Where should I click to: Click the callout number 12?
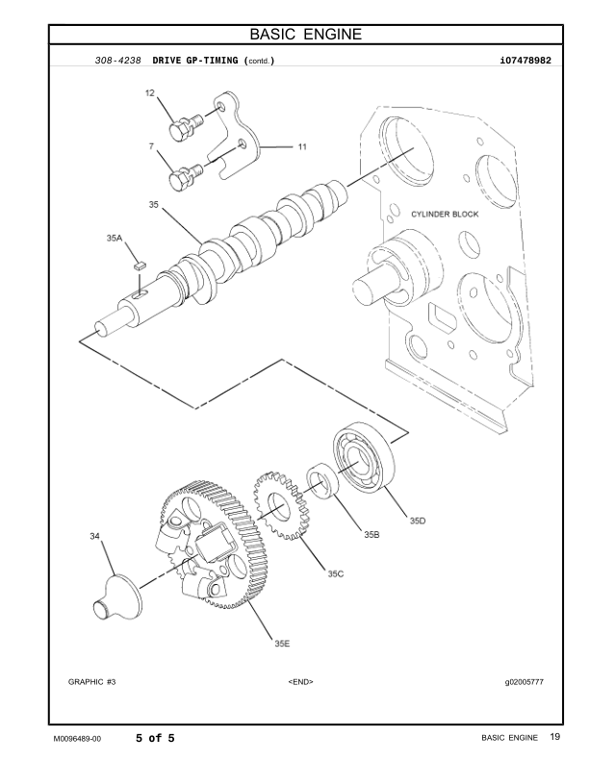click(x=150, y=93)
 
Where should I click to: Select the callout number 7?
click(x=151, y=146)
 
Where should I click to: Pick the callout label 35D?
click(x=417, y=521)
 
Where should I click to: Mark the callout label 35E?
click(x=282, y=643)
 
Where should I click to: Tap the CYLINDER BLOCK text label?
click(x=445, y=214)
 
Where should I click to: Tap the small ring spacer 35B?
click(x=322, y=483)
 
